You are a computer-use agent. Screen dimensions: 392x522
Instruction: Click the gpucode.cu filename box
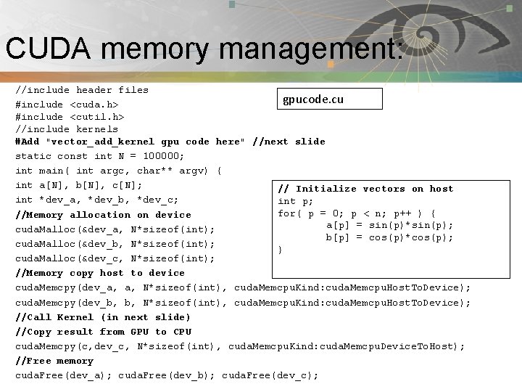[331, 99]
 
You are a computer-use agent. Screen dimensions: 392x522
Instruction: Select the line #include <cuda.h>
[67, 105]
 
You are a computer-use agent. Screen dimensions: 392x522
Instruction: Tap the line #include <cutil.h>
[70, 117]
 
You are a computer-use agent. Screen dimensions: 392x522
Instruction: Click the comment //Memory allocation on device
[103, 215]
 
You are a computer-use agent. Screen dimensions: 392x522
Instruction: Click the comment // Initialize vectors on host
[365, 189]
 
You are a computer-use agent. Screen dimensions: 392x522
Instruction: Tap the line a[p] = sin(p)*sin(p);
[389, 225]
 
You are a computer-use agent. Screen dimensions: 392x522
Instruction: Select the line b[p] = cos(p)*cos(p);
[389, 237]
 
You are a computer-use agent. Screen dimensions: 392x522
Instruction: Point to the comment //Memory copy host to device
[100, 273]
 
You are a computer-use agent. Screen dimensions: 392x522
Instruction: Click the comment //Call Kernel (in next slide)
[103, 317]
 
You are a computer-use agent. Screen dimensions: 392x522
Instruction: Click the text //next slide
[289, 142]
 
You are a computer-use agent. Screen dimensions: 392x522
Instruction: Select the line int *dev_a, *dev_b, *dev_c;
[97, 200]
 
